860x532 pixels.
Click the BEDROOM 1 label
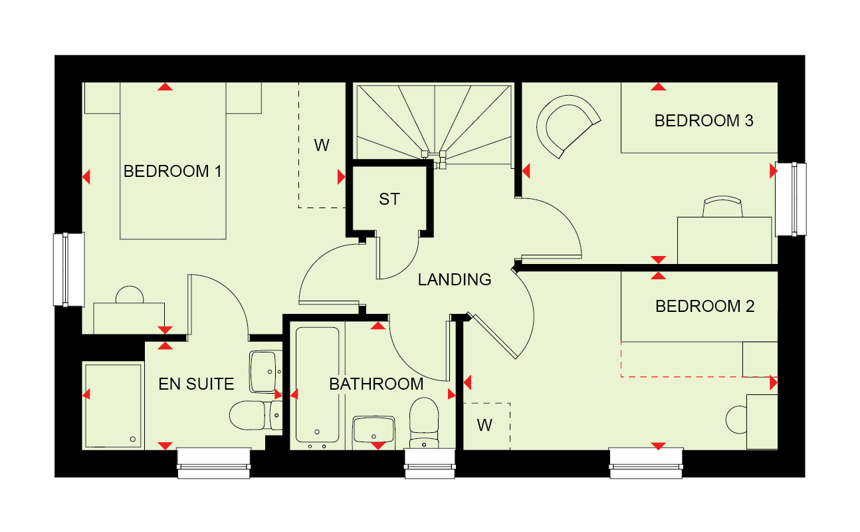172,172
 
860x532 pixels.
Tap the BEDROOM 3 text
703,120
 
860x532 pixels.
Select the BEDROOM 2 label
704,306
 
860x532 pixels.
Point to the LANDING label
454,280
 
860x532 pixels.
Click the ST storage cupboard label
389,199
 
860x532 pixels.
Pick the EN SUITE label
196,384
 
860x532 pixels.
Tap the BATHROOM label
376,384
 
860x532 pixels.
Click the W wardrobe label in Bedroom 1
322,145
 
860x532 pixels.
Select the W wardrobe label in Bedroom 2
484,425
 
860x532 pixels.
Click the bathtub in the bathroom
318,385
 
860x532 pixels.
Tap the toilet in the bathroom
424,424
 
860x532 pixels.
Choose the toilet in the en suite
256,415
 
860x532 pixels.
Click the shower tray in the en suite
113,406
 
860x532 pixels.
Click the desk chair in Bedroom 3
722,207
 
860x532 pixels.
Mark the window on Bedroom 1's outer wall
68,269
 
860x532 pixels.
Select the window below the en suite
213,464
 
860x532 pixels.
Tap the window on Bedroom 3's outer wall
791,199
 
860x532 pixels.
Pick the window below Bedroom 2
646,464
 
